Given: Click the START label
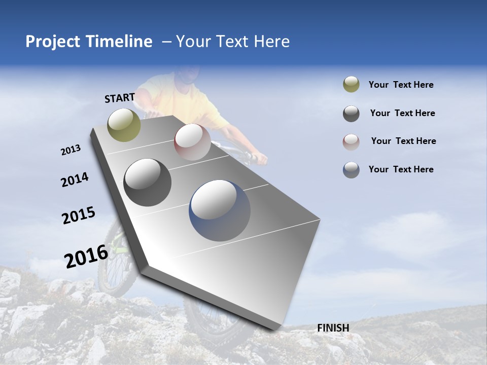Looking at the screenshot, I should pyautogui.click(x=120, y=98).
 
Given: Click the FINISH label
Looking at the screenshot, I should pyautogui.click(x=333, y=328).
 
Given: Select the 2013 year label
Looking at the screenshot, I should pyautogui.click(x=71, y=150).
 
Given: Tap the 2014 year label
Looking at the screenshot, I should pyautogui.click(x=75, y=179).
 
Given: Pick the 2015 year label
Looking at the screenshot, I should pyautogui.click(x=79, y=215).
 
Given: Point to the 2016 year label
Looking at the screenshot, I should pyautogui.click(x=86, y=256).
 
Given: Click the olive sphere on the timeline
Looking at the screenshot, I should pyautogui.click(x=124, y=125).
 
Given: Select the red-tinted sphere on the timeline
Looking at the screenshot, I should pyautogui.click(x=192, y=141).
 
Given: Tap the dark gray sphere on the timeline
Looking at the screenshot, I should pyautogui.click(x=147, y=182).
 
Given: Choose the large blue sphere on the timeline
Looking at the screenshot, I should pyautogui.click(x=220, y=210).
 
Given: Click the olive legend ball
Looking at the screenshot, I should pyautogui.click(x=351, y=85).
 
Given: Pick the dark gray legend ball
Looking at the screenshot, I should pyautogui.click(x=351, y=114).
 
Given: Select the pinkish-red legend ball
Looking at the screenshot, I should pyautogui.click(x=351, y=141).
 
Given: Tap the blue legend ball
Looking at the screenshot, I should pyautogui.click(x=351, y=170).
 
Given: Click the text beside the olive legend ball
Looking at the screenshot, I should pyautogui.click(x=401, y=85).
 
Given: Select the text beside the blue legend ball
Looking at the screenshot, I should pyautogui.click(x=401, y=169).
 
